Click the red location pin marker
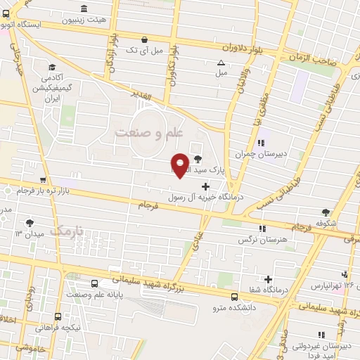point(180,165)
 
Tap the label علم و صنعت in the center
point(149,132)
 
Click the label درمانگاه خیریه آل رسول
point(205,198)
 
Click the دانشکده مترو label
point(233,307)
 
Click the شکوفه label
point(325,224)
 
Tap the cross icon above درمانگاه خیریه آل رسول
point(205,186)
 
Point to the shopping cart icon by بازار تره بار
point(44,180)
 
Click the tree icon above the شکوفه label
point(325,212)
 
